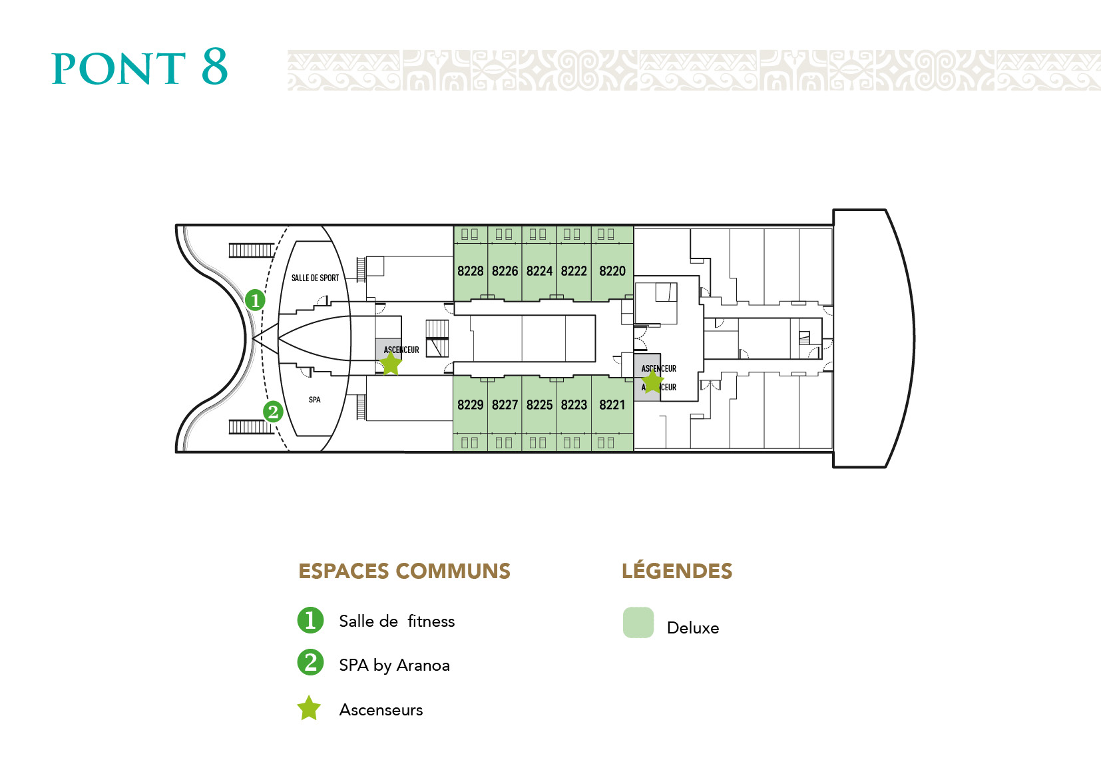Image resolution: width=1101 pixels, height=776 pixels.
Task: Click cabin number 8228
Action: (470, 271)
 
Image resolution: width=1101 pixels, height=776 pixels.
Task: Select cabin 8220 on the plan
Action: (612, 271)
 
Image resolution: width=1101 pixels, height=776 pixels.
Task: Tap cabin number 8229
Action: (470, 405)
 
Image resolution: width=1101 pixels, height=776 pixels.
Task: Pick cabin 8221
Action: (612, 405)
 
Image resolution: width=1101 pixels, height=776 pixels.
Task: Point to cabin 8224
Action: (539, 271)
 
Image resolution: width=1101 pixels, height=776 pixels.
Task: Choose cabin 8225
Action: (539, 405)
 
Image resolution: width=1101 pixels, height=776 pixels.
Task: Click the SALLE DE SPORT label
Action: (315, 278)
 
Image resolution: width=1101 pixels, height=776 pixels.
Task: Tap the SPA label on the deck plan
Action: (315, 400)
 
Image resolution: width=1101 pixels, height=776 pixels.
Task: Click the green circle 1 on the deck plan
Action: (255, 300)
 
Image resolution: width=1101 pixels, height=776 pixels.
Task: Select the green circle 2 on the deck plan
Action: (273, 412)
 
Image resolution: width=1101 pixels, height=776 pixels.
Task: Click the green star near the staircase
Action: (390, 364)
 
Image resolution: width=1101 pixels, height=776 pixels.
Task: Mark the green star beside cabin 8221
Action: (652, 381)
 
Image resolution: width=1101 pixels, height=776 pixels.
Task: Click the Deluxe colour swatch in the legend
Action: (638, 623)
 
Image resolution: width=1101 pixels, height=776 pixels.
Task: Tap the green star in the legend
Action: (309, 709)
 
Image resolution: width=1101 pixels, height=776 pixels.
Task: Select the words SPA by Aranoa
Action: (394, 665)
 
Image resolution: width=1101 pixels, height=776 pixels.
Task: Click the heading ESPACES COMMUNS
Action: (404, 572)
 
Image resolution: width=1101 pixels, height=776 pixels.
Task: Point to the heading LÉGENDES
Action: (676, 572)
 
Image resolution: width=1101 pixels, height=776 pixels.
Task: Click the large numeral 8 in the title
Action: (214, 67)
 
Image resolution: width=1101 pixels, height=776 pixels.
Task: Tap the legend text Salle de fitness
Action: (397, 621)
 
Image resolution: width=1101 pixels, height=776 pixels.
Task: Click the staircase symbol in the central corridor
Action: (437, 338)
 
